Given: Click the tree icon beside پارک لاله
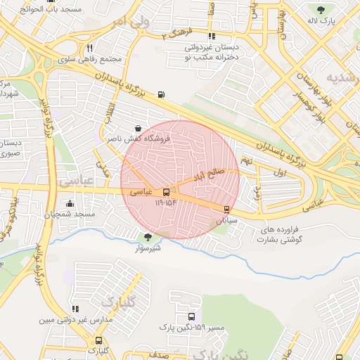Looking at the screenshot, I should click(321, 10).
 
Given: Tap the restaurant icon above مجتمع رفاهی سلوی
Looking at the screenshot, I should click(89, 48).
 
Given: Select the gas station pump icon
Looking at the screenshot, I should click(162, 95).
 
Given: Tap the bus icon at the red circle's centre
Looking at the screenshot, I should click(167, 192).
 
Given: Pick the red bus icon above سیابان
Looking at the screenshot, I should click(226, 209).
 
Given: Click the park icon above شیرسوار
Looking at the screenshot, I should click(148, 237).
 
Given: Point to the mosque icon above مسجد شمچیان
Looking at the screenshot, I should click(69, 204).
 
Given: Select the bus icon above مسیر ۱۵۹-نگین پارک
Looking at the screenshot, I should click(192, 316).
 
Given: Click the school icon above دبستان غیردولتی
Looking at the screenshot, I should click(211, 37).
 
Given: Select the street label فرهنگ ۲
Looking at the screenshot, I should click(176, 33).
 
